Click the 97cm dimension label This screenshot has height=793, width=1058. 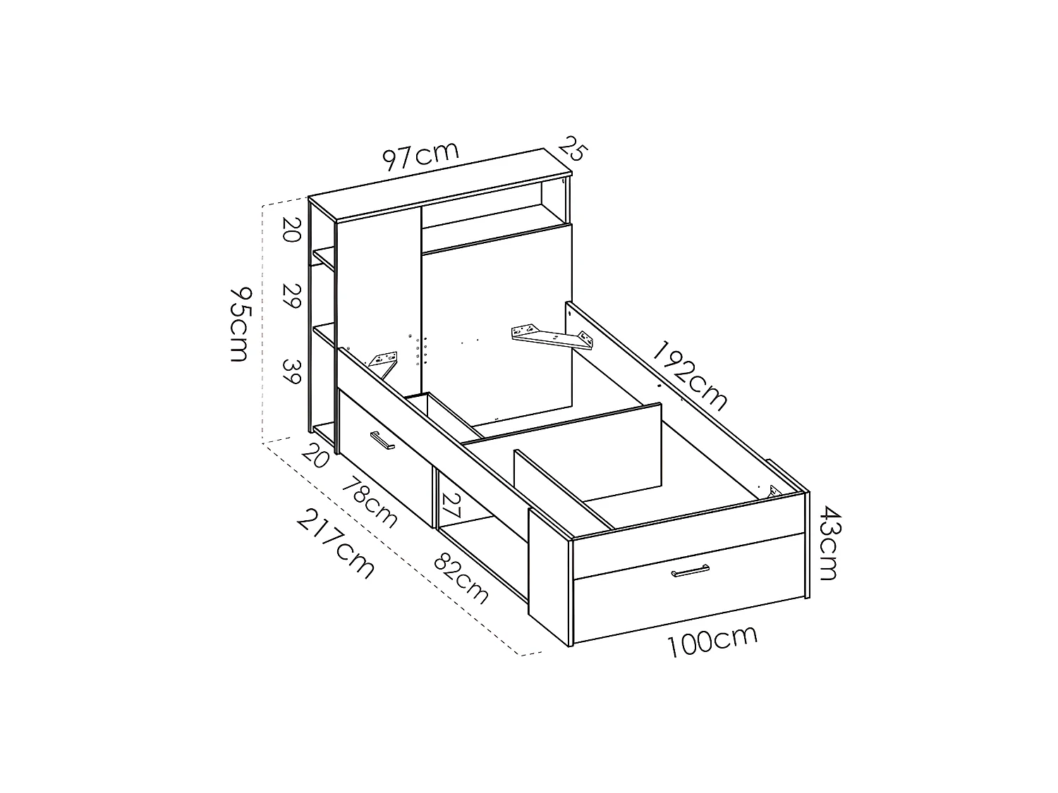(x=421, y=156)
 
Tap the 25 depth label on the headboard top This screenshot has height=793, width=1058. (x=573, y=149)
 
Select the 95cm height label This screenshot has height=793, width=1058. (x=239, y=324)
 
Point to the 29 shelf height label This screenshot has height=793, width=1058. (x=292, y=296)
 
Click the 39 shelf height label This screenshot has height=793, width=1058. (x=292, y=371)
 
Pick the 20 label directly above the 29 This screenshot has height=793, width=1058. (x=292, y=230)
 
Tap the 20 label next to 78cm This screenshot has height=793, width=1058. (x=315, y=456)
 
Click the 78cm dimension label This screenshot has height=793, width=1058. (x=370, y=502)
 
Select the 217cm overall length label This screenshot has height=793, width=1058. (x=335, y=543)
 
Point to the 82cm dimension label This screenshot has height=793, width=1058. (x=461, y=579)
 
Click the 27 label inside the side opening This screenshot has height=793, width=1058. (x=451, y=505)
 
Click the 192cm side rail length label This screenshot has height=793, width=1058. (x=690, y=376)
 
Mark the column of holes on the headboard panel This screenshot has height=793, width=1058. (x=418, y=350)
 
